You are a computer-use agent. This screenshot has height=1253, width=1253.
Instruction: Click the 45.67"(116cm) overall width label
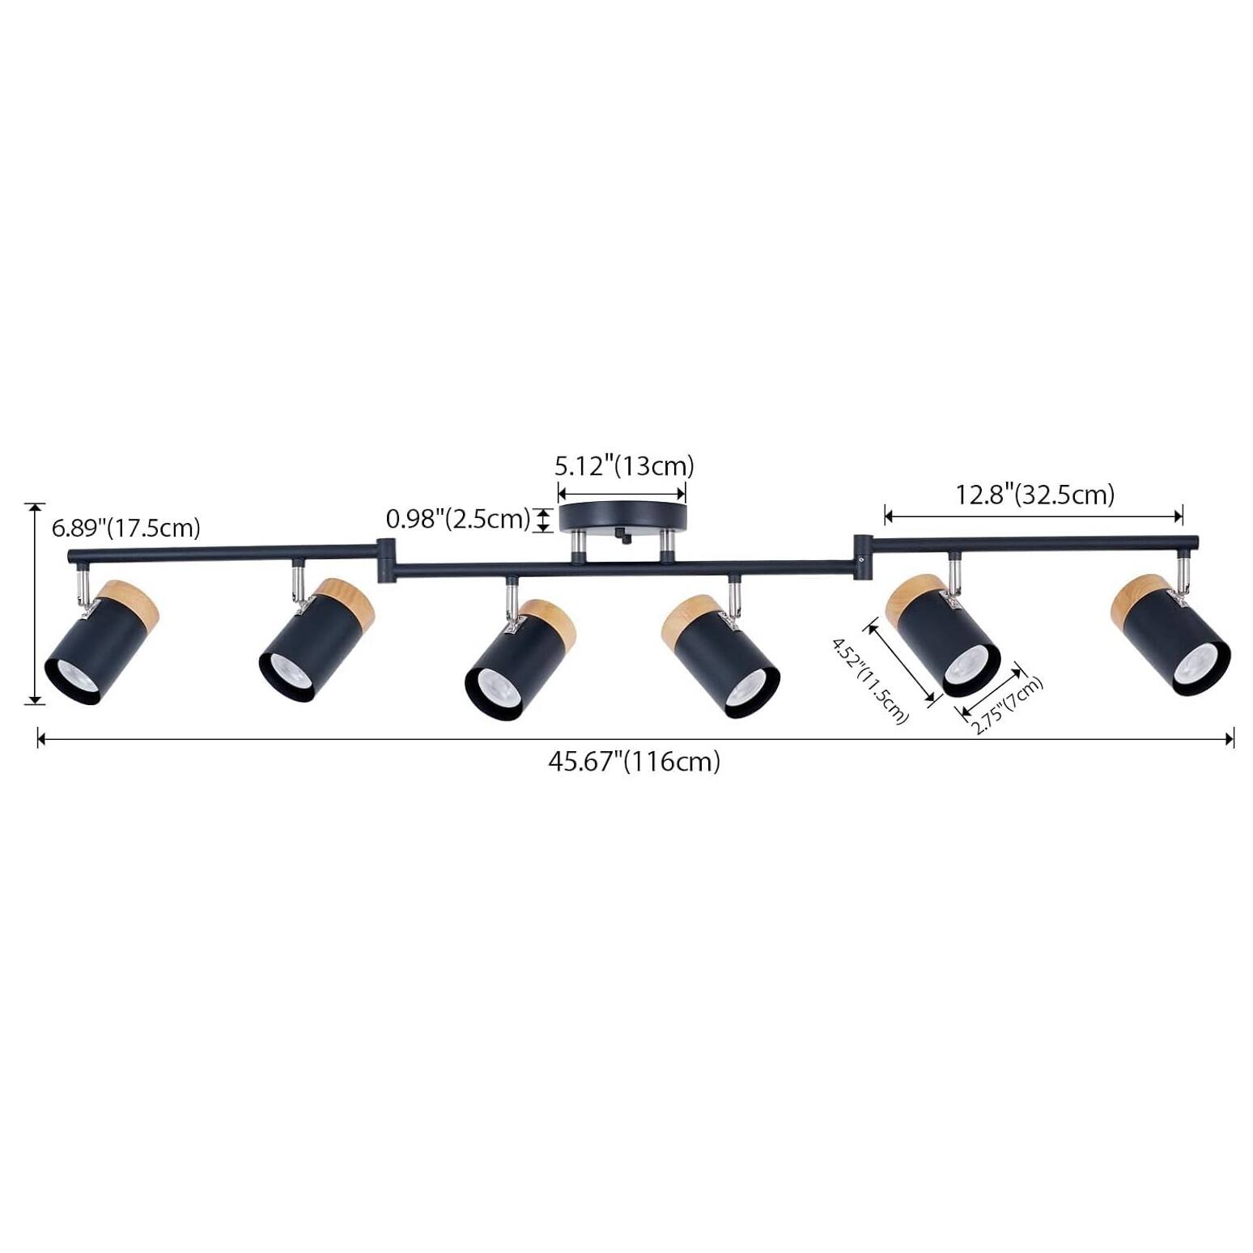click(634, 762)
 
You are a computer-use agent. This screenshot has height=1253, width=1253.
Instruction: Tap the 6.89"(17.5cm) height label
click(125, 529)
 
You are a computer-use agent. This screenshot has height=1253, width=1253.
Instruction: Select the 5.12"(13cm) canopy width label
click(624, 466)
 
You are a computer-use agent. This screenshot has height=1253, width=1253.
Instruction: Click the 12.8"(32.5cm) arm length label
click(1035, 494)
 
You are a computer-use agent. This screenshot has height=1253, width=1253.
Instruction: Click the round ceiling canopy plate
click(622, 516)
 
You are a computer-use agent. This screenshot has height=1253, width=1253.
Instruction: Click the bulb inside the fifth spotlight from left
click(966, 667)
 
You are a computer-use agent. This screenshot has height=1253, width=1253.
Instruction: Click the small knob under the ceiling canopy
click(622, 536)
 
